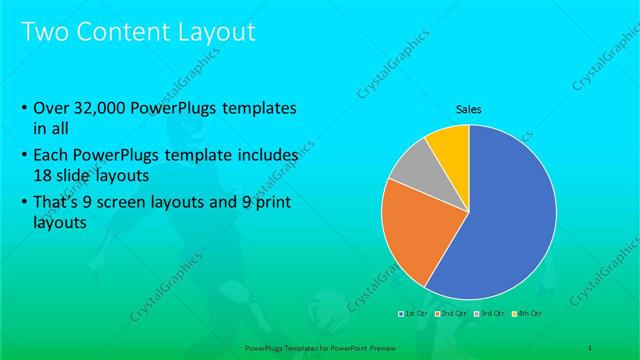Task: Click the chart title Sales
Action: pos(469,108)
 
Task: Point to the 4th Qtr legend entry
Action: pos(527,314)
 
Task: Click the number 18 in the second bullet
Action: pos(43,174)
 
